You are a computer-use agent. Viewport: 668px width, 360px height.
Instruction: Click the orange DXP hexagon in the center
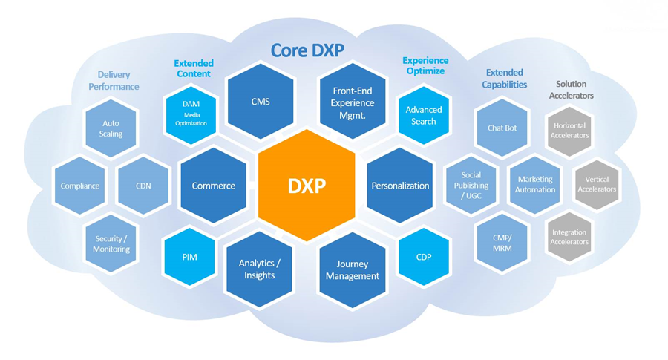click(307, 185)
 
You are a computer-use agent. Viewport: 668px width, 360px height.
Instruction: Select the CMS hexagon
click(260, 102)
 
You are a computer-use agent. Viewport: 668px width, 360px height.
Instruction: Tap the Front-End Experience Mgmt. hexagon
click(353, 102)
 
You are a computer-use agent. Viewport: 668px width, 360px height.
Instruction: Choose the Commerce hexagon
click(213, 186)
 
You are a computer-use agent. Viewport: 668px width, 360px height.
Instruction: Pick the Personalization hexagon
click(400, 186)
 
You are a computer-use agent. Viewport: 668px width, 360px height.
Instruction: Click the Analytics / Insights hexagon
click(260, 269)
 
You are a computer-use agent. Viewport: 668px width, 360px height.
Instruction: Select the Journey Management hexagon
click(353, 269)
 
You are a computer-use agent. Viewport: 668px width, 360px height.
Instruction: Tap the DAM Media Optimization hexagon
click(191, 114)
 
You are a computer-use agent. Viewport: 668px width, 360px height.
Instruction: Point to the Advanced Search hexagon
click(424, 115)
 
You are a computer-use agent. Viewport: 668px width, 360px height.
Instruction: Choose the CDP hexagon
click(424, 257)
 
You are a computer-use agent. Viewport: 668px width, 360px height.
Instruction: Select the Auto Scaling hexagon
click(111, 128)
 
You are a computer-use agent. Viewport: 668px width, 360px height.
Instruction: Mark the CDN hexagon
click(143, 186)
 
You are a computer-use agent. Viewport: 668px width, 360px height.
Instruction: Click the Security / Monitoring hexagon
click(112, 243)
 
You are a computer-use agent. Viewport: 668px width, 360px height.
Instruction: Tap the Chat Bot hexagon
click(502, 128)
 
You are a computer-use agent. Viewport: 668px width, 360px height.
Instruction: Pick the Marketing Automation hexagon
click(535, 184)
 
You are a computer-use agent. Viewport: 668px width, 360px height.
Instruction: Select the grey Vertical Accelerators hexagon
click(596, 184)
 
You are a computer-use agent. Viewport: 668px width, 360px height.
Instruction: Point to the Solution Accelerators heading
click(571, 90)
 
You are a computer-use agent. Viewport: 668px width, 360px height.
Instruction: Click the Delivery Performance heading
click(114, 80)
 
